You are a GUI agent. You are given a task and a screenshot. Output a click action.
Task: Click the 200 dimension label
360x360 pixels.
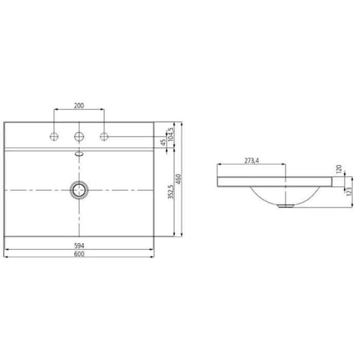pyautogui.click(x=79, y=106)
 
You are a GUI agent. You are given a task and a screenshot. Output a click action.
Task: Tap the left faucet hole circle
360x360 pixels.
pyautogui.click(x=54, y=137)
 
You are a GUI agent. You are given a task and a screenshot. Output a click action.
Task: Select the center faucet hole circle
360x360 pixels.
pyautogui.click(x=79, y=137)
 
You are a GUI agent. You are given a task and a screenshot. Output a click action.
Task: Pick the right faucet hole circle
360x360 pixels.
pyautogui.click(x=103, y=137)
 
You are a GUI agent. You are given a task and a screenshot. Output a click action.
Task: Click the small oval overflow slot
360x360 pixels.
pyautogui.click(x=79, y=153)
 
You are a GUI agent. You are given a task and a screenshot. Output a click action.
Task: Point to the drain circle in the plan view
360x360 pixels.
pyautogui.click(x=79, y=190)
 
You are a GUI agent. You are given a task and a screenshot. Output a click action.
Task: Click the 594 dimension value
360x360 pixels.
pyautogui.click(x=79, y=245)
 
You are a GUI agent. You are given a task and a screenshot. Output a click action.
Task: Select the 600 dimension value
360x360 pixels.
pyautogui.click(x=79, y=254)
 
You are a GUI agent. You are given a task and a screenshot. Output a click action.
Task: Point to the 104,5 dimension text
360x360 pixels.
pyautogui.click(x=171, y=134)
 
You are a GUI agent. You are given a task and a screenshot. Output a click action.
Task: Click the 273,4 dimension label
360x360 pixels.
pyautogui.click(x=251, y=161)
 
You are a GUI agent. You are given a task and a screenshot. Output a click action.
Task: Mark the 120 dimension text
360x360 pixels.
pyautogui.click(x=339, y=169)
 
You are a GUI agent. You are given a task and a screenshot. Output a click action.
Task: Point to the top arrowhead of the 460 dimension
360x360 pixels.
pyautogui.click(x=181, y=124)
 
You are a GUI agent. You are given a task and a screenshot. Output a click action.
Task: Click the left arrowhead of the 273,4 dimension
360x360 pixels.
pyautogui.click(x=220, y=165)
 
